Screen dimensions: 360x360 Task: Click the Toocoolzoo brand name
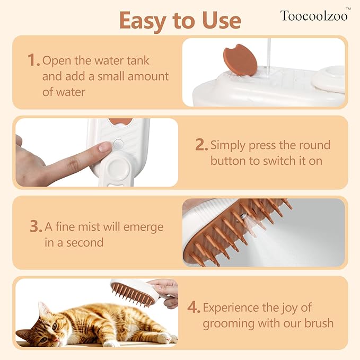314,16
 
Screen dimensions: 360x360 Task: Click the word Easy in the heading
143,21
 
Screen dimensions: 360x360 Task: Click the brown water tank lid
240,60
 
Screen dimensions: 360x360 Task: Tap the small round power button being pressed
118,144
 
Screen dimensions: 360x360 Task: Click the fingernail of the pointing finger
104,147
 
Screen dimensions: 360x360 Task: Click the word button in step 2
228,161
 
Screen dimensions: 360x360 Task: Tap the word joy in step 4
289,308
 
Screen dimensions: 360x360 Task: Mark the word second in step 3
85,243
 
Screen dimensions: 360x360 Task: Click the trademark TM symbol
348,9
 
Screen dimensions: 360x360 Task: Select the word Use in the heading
222,21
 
